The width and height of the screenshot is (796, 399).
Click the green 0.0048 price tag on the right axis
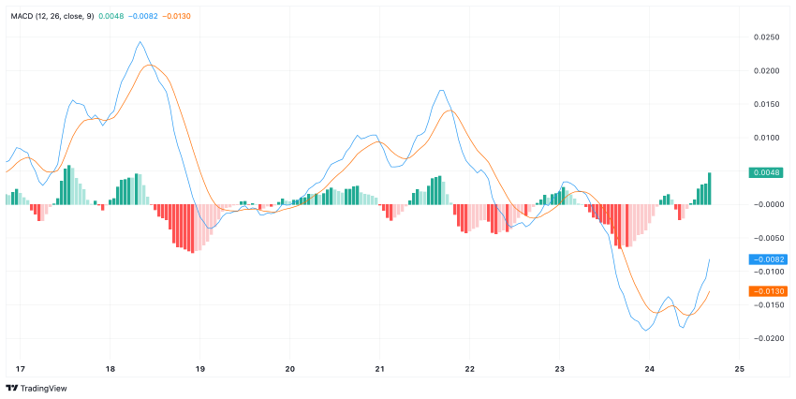tap(767, 172)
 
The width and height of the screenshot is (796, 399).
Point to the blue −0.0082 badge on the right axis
tap(767, 259)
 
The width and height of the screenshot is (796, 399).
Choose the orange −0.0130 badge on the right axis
tap(767, 291)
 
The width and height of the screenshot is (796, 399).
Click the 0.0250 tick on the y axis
tap(767, 37)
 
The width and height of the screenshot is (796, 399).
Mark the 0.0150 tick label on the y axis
tap(767, 104)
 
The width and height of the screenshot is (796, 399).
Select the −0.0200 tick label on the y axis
tap(767, 338)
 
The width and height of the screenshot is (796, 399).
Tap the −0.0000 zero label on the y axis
tap(767, 204)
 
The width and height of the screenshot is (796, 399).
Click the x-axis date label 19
tap(199, 368)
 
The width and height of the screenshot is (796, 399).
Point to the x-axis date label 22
tap(470, 368)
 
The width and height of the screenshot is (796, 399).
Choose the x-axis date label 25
tap(740, 368)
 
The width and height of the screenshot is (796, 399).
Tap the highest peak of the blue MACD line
tap(140, 42)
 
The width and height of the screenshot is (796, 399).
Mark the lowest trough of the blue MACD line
tap(646, 331)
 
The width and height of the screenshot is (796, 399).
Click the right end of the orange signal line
tap(710, 291)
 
